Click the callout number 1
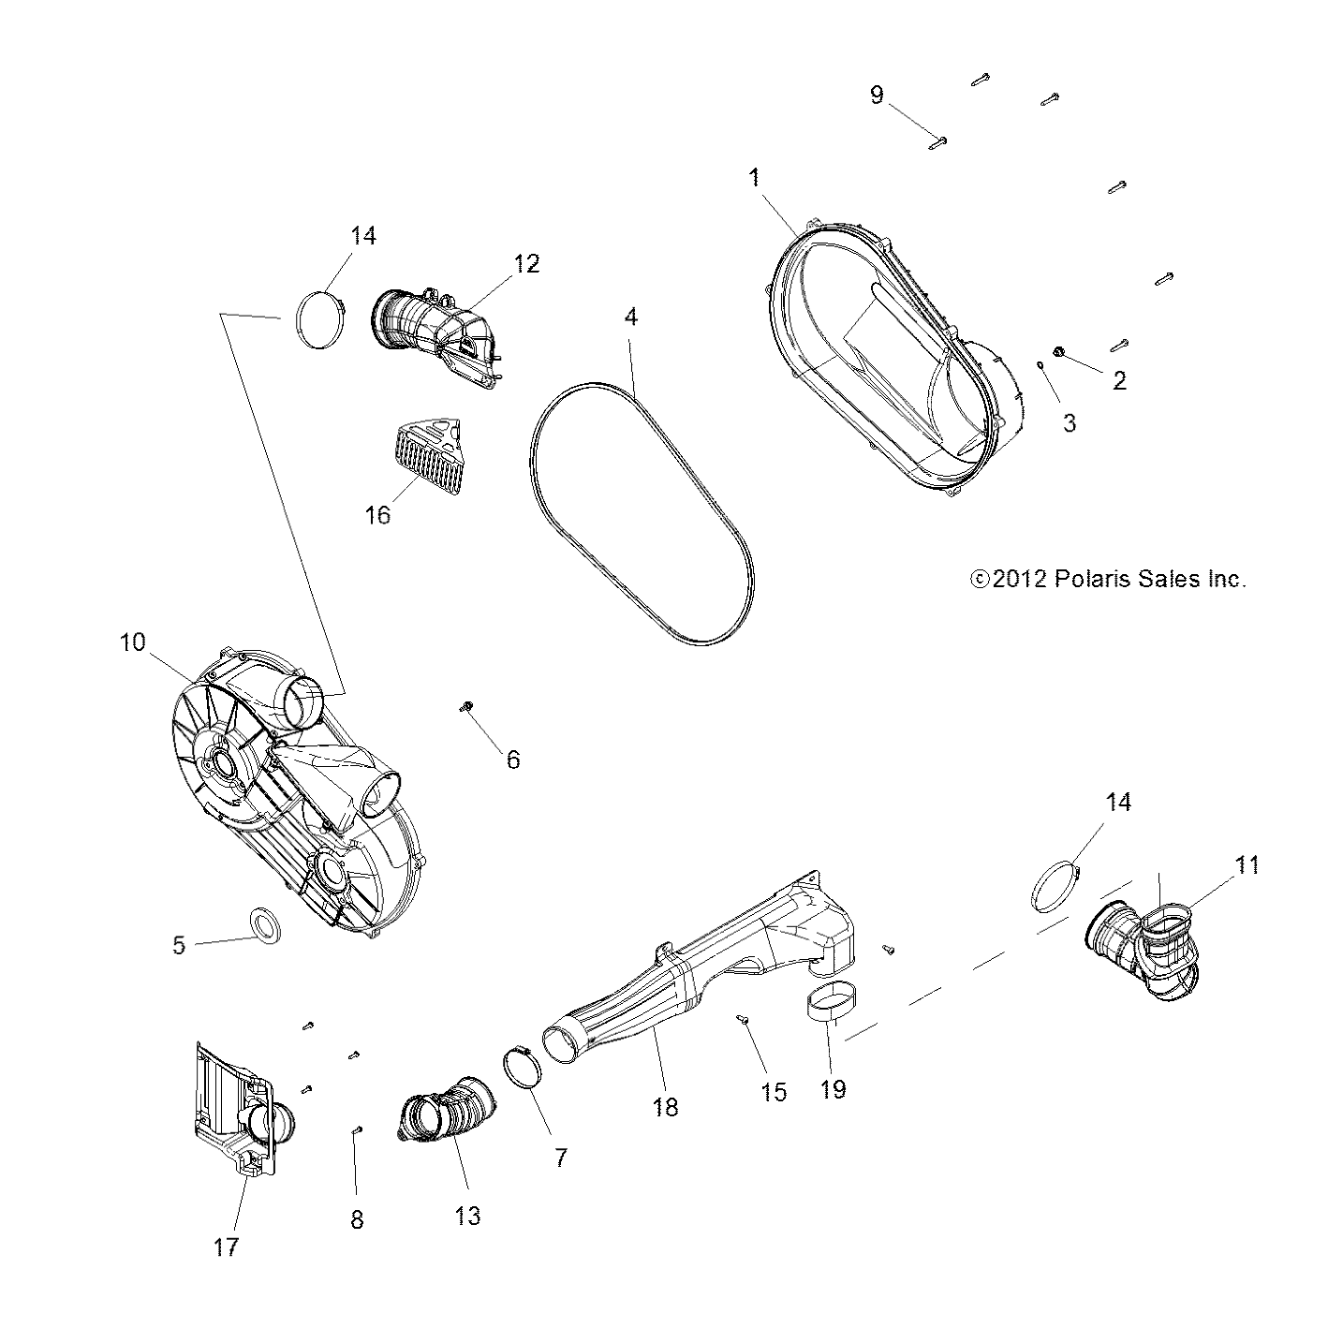click(754, 178)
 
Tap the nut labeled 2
click(1059, 351)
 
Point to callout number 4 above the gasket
click(631, 317)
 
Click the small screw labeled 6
click(464, 706)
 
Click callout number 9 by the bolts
click(877, 95)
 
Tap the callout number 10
click(133, 642)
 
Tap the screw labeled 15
click(742, 1020)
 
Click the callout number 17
click(227, 1247)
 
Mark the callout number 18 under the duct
click(665, 1107)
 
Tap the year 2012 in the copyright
click(1019, 579)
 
